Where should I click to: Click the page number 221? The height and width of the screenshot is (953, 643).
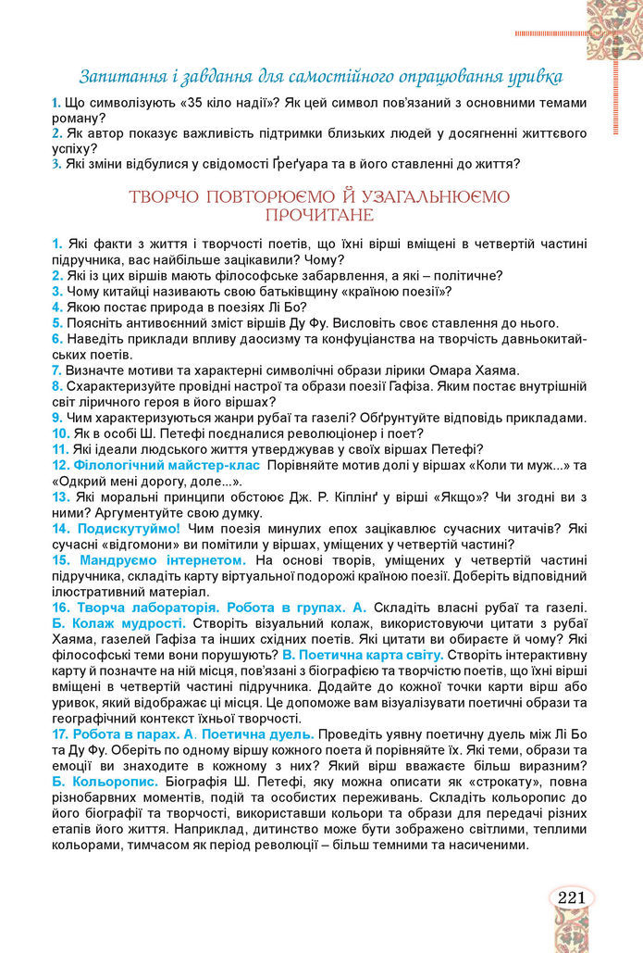[x=572, y=897]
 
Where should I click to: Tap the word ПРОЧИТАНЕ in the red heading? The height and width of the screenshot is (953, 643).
[x=319, y=216]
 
